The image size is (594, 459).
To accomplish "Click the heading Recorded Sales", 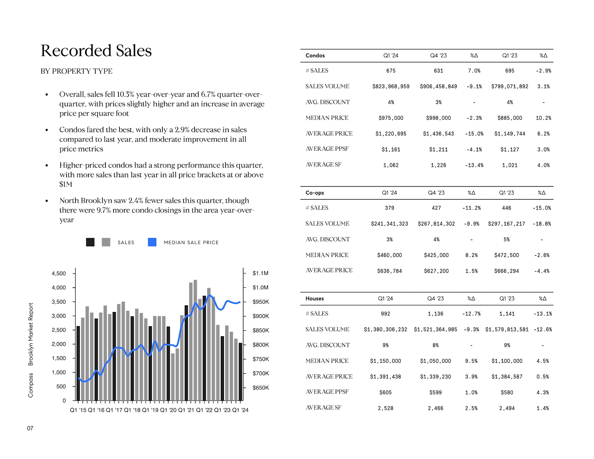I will coord(96,50).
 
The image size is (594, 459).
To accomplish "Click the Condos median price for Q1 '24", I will coord(391,118).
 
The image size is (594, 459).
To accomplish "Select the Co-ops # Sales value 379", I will coord(389,208).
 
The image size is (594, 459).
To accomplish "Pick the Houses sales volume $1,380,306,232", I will coord(385,329).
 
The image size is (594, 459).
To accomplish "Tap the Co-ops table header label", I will coord(314,193).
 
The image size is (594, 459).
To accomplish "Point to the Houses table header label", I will coord(314,298).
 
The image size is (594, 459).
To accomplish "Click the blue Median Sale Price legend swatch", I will coord(152,242).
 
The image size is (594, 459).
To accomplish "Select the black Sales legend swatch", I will coord(90,242).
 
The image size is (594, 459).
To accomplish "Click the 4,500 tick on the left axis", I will coord(58,273).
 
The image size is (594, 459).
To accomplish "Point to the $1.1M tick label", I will coord(260,273).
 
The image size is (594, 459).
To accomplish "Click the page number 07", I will coord(30,428).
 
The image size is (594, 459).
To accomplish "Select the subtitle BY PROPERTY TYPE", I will coord(76,71).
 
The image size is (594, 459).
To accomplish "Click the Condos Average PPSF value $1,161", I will coord(391,149).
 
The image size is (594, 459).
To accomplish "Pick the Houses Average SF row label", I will coord(323,408).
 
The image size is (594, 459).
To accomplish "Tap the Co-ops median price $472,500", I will coord(506,255).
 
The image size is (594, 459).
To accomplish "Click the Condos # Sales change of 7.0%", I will coord(474,71).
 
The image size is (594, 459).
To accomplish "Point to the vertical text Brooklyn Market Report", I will coord(31,334).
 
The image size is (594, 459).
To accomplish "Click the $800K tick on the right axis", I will coord(260,345).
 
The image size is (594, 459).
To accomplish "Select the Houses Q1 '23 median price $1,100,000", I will coord(507,361).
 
